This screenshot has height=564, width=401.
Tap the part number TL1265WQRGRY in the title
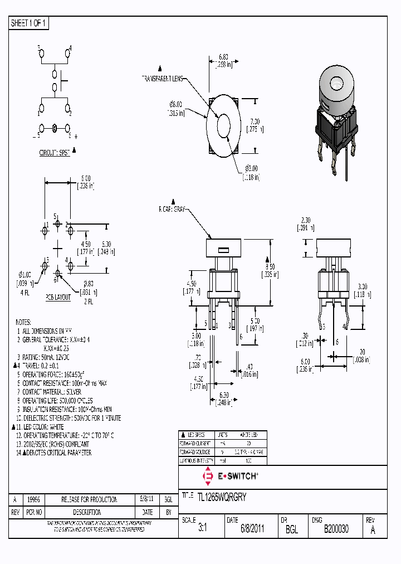222,495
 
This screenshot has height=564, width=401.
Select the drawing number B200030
336,529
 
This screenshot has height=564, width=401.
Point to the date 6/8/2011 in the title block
252,529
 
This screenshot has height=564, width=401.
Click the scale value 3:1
202,529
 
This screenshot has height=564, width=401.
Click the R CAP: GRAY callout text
172,210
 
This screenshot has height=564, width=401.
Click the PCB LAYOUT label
58,297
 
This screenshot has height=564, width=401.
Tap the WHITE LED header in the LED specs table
248,435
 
